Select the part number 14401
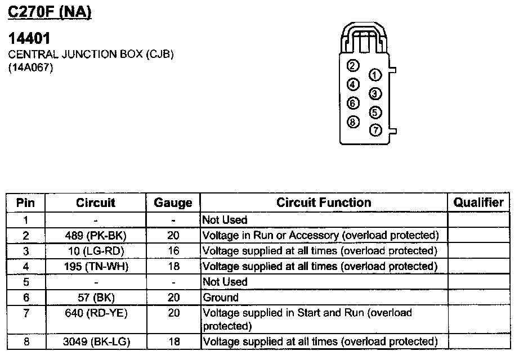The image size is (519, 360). click(x=29, y=38)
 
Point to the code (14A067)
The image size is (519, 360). click(x=30, y=69)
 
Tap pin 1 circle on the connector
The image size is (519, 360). click(x=375, y=75)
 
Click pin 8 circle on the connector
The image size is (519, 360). click(x=353, y=121)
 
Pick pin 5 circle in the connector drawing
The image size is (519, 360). click(x=375, y=112)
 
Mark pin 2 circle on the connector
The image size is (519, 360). click(x=353, y=66)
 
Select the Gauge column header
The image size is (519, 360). click(x=173, y=203)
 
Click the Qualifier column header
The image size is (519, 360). click(x=478, y=202)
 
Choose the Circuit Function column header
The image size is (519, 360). click(x=324, y=202)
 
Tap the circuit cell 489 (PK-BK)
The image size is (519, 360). click(x=96, y=235)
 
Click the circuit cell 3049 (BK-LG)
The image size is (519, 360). click(x=96, y=341)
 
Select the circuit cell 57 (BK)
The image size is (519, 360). click(x=96, y=297)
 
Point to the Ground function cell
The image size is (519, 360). click(x=221, y=297)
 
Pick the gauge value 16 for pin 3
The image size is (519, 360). click(x=173, y=250)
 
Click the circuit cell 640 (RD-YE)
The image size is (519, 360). click(x=96, y=313)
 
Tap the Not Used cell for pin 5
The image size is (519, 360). click(x=225, y=281)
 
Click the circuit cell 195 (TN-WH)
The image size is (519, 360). click(x=96, y=266)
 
